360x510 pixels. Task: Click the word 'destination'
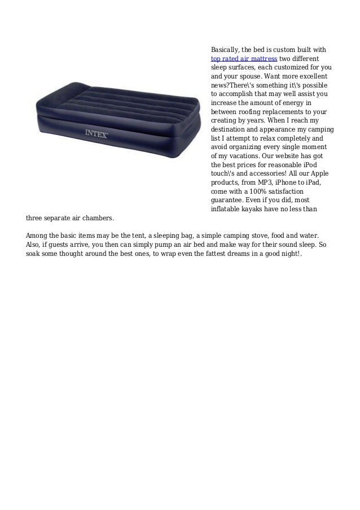click(x=229, y=129)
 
